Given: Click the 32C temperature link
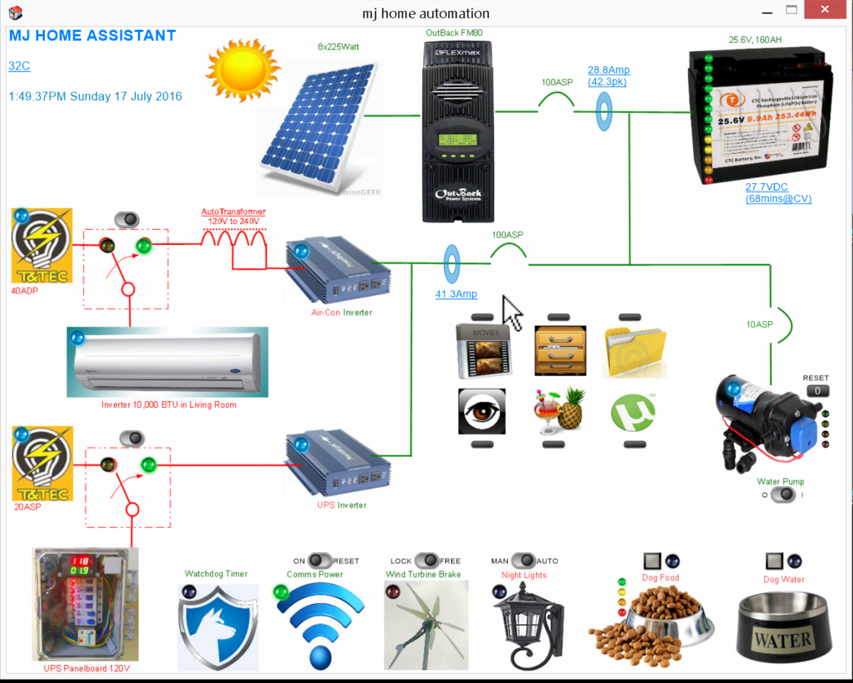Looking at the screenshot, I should point(19,66).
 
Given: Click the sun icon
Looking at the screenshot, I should point(243,70).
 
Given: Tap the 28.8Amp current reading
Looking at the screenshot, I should point(608,70).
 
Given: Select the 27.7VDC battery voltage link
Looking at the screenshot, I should point(766,187).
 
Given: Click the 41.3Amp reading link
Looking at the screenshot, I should point(456,294).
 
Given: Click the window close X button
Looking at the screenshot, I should point(825,10).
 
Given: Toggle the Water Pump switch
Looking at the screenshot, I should point(783,495).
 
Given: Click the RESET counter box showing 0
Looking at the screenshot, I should point(817,391).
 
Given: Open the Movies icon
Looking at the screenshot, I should point(484,351).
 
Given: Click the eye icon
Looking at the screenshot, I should point(482,412).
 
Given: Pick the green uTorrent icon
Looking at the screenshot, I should point(632,413).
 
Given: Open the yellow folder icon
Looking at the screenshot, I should point(634,352).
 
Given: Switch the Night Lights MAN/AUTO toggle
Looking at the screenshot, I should point(524,560).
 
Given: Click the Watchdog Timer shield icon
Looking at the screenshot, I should point(218,627).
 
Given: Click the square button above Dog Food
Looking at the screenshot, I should point(652,561).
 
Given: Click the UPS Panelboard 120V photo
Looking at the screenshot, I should point(86,604).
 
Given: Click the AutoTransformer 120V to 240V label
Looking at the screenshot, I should point(233,216).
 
